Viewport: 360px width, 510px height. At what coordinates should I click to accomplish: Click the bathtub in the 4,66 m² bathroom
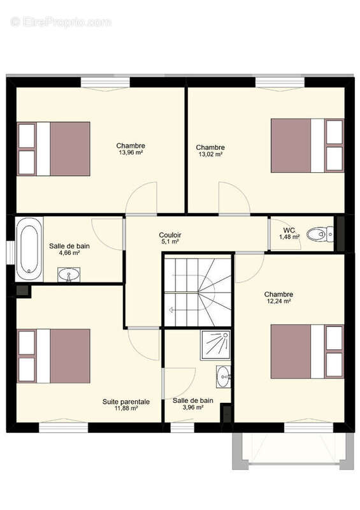[x=29, y=249]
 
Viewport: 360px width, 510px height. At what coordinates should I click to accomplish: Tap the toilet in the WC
[x=320, y=234]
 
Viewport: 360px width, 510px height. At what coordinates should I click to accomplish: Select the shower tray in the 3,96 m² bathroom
[x=215, y=345]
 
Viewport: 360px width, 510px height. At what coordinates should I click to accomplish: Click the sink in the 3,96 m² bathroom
[x=224, y=376]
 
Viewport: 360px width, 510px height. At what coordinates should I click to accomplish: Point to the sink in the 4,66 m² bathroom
[x=69, y=275]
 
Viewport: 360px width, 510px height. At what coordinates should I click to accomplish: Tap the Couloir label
[x=169, y=235]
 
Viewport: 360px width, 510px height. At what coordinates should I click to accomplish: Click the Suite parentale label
[x=126, y=402]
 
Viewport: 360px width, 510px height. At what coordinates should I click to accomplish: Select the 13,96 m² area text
[x=131, y=152]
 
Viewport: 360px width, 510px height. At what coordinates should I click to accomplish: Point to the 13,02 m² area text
[x=210, y=154]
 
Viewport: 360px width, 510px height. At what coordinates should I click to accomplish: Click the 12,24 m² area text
[x=278, y=301]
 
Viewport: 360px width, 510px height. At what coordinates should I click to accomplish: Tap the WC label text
[x=289, y=230]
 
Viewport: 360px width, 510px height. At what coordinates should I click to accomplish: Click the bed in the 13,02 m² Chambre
[x=307, y=145]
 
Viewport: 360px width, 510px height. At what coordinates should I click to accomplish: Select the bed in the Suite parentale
[x=54, y=356]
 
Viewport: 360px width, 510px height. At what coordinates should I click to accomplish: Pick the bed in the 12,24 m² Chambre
[x=307, y=351]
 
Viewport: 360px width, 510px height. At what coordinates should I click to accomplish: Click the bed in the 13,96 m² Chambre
[x=54, y=149]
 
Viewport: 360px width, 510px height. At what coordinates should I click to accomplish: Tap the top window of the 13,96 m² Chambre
[x=105, y=83]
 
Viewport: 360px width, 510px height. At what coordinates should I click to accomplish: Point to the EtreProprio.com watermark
[x=61, y=22]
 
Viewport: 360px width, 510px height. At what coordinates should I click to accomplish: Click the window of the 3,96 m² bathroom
[x=182, y=427]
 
